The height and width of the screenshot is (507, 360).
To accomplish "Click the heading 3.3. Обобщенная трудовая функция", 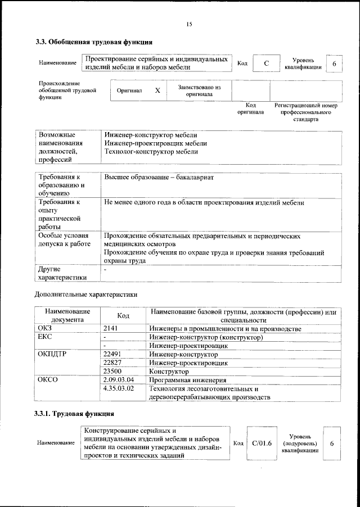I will (93, 42).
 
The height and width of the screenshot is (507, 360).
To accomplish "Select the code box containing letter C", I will (267, 64).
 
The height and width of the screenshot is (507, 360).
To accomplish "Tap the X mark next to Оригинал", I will (157, 90).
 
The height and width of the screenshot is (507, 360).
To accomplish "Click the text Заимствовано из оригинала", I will (199, 91).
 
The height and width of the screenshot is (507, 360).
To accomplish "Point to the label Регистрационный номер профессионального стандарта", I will (305, 112).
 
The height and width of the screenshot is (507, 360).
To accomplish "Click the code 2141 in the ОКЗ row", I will (111, 329).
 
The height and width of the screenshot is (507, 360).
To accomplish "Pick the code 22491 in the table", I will (114, 355).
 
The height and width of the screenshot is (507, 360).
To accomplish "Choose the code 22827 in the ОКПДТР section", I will (114, 363).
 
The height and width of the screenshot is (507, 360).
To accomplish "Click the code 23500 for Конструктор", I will (114, 372).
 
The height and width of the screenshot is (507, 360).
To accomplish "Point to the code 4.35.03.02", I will (119, 388).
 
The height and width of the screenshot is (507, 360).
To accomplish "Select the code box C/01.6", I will (262, 443).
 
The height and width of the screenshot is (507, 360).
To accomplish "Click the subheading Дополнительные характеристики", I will (86, 293).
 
